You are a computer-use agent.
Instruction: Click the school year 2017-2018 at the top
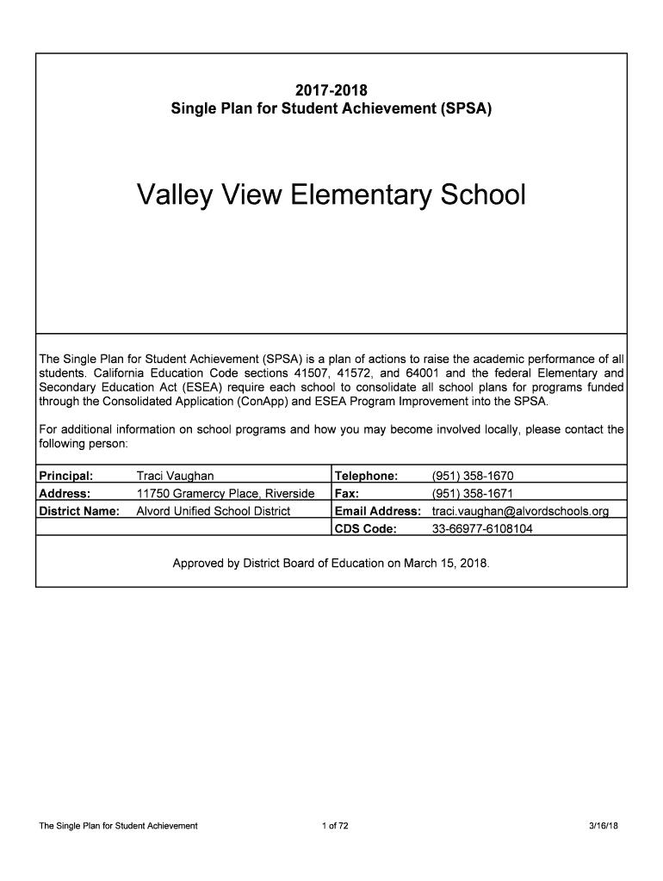point(331,90)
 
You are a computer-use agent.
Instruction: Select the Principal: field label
point(66,476)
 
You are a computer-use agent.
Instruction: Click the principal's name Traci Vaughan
point(176,476)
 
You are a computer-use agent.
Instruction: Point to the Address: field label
point(65,493)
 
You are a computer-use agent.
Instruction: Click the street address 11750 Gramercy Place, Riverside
point(226,494)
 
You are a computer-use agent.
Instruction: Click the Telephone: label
point(367,476)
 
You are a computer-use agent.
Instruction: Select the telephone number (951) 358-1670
point(473,476)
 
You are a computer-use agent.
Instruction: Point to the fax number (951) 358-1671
point(473,494)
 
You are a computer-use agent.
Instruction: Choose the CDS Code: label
point(366,529)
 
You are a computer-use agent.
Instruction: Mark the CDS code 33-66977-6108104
point(482,529)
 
